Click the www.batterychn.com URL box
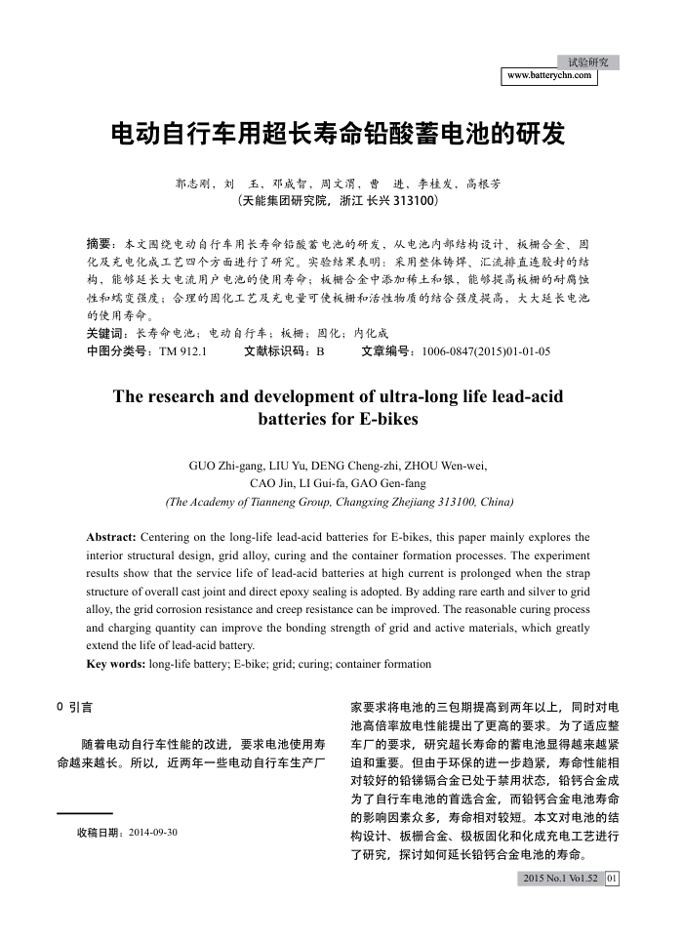tap(549, 75)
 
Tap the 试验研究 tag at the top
tap(587, 61)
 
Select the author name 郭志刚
tap(191, 183)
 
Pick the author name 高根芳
tap(483, 183)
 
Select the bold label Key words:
tap(115, 664)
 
